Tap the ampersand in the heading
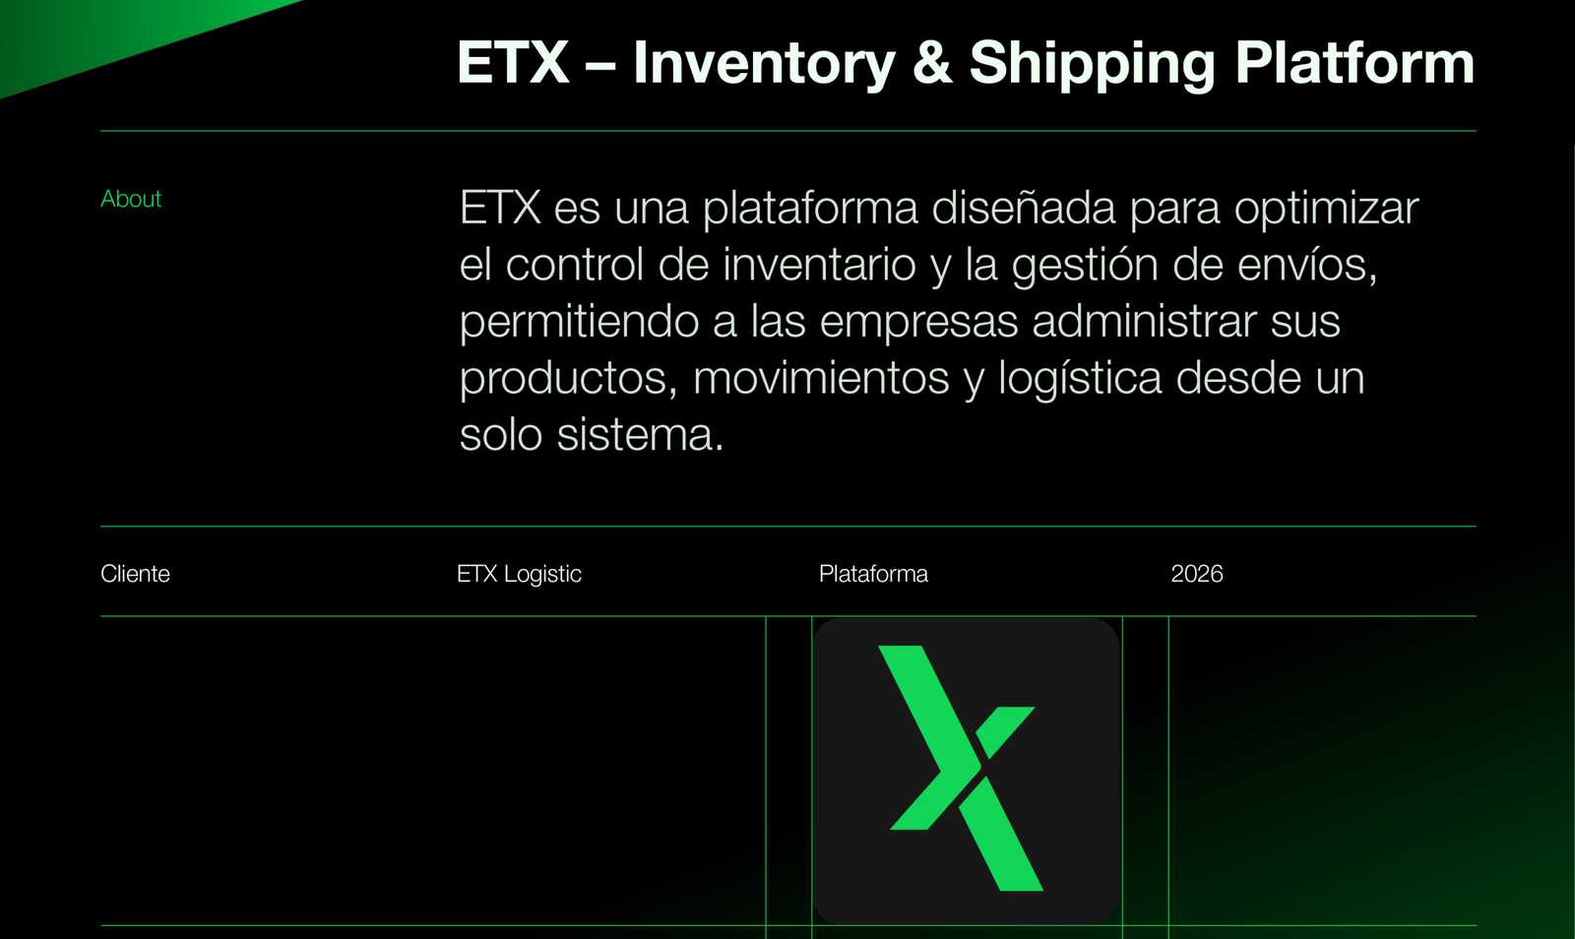933,63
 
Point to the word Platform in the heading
1354,62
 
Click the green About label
131,199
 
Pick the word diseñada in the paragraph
1023,208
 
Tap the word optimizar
1326,210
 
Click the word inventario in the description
819,264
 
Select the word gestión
1085,266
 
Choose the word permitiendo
579,322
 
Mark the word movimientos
821,378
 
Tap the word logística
1080,378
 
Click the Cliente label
135,574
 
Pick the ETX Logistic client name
519,574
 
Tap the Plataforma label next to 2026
873,574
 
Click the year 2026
1197,574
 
